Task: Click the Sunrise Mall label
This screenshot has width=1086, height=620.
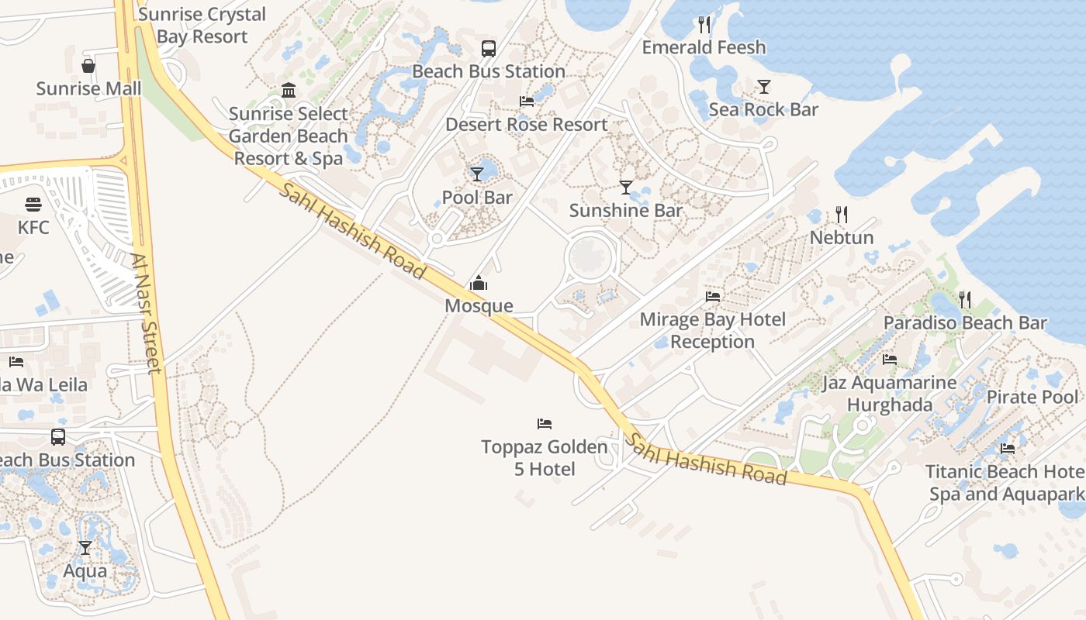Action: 89,88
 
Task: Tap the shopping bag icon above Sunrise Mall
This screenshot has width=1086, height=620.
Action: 89,66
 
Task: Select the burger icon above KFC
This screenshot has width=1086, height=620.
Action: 33,205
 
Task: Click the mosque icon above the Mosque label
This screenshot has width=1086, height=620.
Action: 479,284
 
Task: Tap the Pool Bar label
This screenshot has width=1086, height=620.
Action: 477,197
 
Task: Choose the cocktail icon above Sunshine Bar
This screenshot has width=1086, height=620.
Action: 626,188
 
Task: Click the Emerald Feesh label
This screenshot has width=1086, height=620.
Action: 704,47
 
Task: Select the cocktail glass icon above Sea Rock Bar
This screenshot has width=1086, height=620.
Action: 764,87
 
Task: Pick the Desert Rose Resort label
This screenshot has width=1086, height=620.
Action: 527,124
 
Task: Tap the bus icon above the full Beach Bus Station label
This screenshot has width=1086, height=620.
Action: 489,49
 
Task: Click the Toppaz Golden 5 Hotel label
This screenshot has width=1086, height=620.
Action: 545,458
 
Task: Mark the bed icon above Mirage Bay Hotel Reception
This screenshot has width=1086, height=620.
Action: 713,297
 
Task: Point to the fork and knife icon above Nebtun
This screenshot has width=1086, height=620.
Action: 842,215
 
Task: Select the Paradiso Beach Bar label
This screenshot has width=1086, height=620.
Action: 965,322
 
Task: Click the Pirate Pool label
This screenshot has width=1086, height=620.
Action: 1032,397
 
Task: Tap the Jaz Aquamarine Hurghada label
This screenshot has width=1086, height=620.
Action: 890,394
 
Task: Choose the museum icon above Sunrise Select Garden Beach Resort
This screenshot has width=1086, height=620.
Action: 289,91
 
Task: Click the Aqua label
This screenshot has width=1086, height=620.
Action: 85,571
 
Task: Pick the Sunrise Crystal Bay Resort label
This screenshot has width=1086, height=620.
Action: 202,25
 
